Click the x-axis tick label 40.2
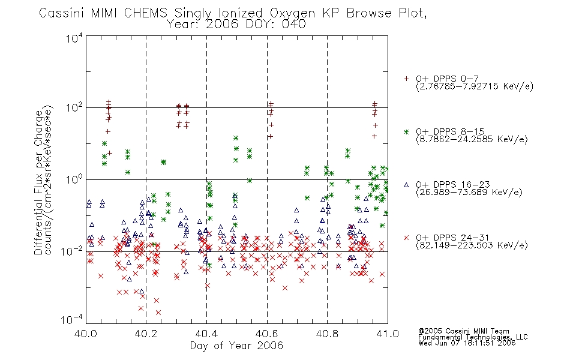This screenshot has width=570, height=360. click(146, 334)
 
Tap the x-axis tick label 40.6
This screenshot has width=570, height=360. click(267, 334)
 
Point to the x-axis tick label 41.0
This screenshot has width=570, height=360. click(388, 334)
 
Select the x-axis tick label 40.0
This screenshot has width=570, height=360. click(85, 334)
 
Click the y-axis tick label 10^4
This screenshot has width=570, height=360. click(74, 38)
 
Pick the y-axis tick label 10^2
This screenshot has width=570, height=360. click(74, 108)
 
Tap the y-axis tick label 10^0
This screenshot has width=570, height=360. click(74, 179)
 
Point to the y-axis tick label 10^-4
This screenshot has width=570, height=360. click(72, 320)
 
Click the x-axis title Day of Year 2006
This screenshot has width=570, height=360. click(236, 346)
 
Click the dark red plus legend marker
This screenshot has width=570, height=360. click(406, 79)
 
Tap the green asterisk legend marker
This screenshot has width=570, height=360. click(406, 132)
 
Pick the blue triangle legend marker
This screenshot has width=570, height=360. click(406, 185)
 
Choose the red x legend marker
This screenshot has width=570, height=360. click(406, 238)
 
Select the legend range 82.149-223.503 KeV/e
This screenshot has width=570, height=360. click(472, 245)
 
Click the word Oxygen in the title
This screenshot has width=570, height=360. click(293, 13)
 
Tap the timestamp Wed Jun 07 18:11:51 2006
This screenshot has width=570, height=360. click(467, 343)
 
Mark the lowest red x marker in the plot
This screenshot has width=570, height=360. click(158, 313)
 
